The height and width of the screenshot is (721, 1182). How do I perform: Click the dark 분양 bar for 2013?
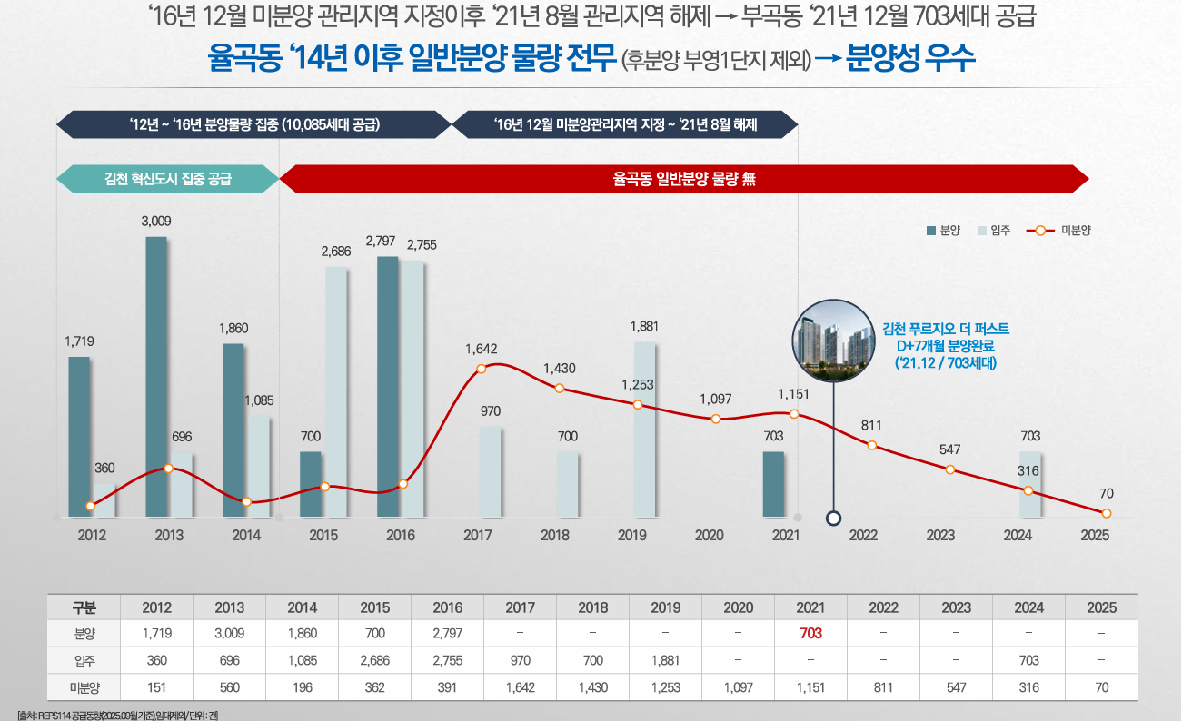[156, 377]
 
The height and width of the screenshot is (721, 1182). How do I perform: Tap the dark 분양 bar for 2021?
[773, 484]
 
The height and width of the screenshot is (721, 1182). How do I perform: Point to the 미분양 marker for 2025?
[1106, 513]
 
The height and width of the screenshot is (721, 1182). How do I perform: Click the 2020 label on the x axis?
[709, 535]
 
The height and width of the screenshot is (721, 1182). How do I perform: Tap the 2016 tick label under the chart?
[401, 535]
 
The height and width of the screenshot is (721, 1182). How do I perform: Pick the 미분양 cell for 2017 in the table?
[520, 687]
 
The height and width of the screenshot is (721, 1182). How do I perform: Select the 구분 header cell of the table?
[84, 607]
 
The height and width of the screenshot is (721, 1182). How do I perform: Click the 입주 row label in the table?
[84, 660]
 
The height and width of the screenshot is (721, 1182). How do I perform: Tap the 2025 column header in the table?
[1101, 607]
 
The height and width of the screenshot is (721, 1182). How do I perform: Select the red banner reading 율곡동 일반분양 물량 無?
[683, 179]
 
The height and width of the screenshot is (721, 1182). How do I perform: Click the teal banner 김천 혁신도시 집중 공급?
[168, 179]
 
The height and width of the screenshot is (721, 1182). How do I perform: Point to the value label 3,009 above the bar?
[156, 221]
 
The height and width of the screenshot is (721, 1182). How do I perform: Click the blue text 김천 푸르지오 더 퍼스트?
[946, 329]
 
